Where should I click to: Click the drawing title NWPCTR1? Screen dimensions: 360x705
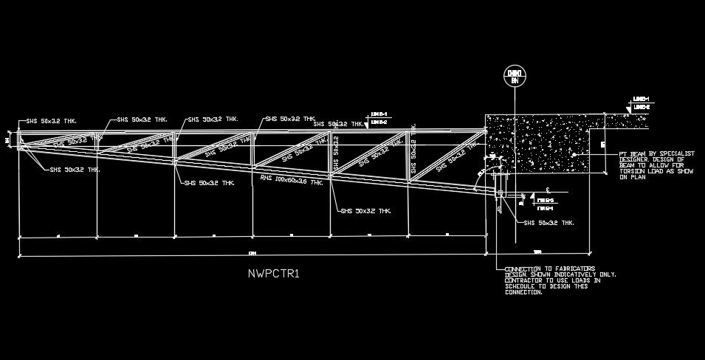point(273,274)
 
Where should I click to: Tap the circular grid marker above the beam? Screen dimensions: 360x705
point(514,76)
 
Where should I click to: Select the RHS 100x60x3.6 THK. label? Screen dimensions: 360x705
point(292,179)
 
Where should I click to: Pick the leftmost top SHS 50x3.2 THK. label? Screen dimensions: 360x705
point(51,121)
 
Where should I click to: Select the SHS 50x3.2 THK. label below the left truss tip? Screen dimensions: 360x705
point(75,170)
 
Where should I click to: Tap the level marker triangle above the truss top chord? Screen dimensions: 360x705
point(368,123)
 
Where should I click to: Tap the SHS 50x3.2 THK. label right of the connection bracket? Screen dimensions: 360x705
point(548,222)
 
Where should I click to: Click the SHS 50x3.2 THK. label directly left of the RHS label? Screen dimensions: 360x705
point(210,182)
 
